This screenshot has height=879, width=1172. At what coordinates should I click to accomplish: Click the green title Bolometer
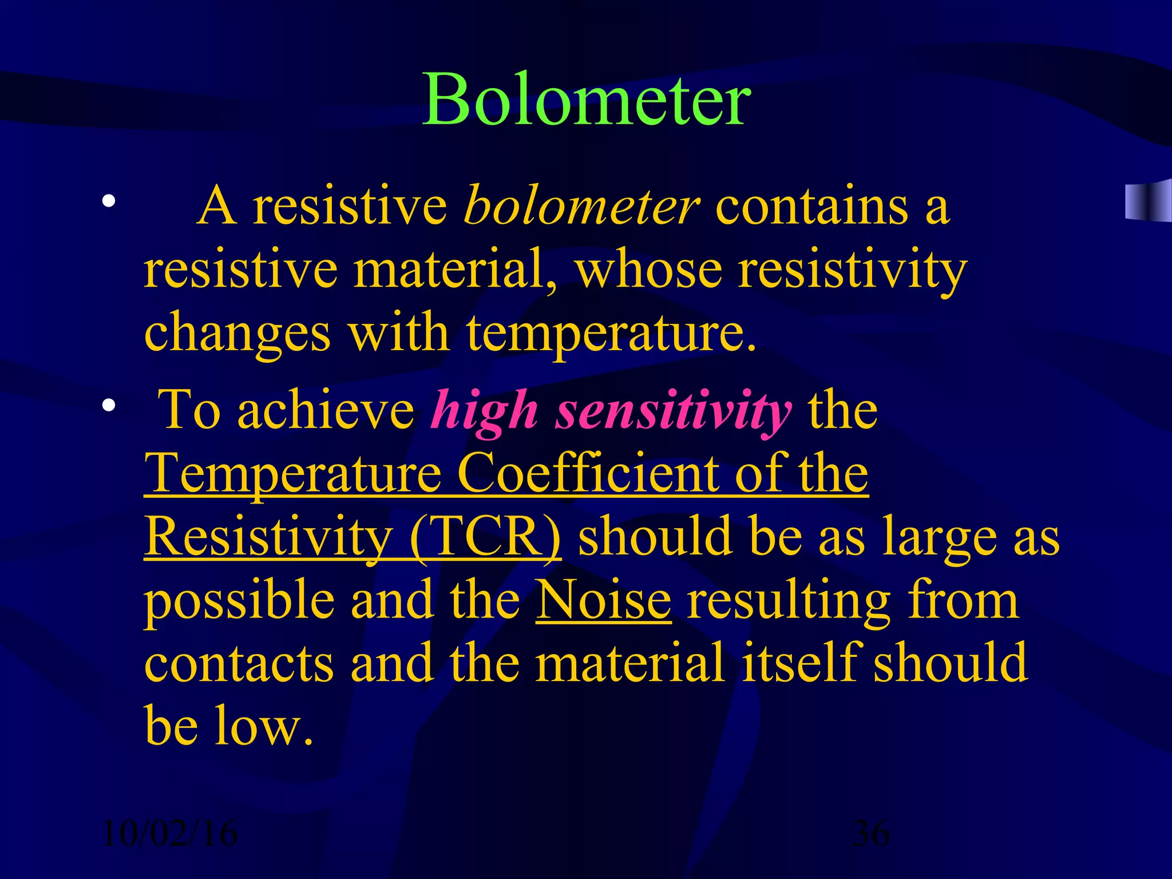[586, 100]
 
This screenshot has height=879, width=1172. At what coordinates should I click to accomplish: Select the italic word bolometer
[581, 206]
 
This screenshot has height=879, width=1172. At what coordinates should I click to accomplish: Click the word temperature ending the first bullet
[610, 334]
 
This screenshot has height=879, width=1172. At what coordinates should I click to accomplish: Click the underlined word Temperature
[292, 474]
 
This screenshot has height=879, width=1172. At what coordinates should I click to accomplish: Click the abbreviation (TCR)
[485, 537]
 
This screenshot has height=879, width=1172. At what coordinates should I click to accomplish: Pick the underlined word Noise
[603, 600]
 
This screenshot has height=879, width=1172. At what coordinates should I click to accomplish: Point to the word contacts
[239, 664]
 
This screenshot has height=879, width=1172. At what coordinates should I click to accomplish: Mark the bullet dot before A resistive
[109, 201]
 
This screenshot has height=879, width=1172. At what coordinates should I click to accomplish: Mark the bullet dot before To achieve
[109, 406]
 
